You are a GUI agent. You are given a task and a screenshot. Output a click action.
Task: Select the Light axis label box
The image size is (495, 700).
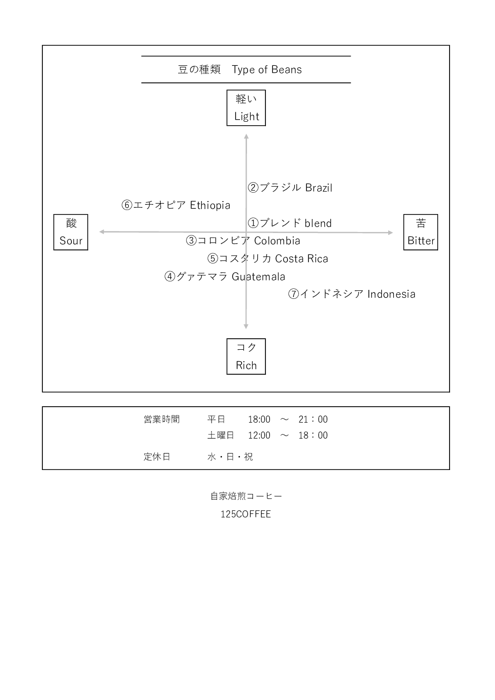246,108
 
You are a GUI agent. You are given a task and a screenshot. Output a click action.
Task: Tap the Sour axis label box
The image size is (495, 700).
71,232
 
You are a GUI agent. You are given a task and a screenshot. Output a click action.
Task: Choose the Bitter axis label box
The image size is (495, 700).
421,232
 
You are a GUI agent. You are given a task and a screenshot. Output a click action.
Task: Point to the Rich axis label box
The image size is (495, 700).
246,356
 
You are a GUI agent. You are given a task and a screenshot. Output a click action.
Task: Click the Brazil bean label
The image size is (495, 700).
290,188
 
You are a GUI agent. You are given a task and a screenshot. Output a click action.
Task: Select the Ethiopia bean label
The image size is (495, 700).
176,205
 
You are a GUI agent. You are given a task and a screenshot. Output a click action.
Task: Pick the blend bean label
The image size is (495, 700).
290,223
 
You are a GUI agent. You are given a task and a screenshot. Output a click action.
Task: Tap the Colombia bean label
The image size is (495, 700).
243,240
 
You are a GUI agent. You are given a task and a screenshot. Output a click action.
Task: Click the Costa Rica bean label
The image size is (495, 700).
268,258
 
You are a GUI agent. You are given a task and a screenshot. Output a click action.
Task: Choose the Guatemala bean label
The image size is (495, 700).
225,276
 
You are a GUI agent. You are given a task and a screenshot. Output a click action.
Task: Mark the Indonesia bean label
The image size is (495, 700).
352,294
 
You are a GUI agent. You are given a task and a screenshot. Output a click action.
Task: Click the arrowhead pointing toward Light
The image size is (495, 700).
246,135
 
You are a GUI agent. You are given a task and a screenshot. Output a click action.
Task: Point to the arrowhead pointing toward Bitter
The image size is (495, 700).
391,233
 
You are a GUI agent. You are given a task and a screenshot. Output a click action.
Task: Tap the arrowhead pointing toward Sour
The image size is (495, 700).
101,232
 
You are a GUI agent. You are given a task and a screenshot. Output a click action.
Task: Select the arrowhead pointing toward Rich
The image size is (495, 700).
246,327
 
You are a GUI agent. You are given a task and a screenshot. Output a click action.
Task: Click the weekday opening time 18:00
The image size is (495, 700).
259,420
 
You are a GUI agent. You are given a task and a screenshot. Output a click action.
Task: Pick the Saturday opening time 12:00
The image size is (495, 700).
259,436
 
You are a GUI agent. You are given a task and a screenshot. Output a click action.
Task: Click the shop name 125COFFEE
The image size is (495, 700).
246,514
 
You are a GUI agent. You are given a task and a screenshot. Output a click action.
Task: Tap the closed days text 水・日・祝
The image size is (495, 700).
230,457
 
